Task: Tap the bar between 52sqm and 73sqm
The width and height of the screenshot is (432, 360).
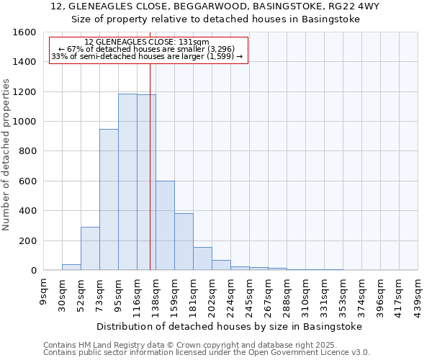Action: pyautogui.click(x=90, y=248)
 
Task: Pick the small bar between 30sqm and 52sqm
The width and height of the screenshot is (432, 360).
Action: pyautogui.click(x=71, y=267)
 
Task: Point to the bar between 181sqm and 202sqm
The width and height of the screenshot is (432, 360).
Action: pyautogui.click(x=202, y=258)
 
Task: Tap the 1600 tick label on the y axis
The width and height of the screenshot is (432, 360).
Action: pyautogui.click(x=24, y=32)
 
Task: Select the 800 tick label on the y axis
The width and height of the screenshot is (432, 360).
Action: pyautogui.click(x=27, y=151)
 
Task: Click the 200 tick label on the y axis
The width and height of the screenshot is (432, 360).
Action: pyautogui.click(x=27, y=240)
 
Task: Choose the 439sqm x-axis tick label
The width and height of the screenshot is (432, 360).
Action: pyautogui.click(x=418, y=292)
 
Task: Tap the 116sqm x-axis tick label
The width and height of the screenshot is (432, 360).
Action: pyautogui.click(x=138, y=292)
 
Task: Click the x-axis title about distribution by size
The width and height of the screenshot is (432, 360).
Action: pyautogui.click(x=230, y=326)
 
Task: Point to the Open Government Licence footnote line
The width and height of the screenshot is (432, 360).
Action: pyautogui.click(x=207, y=353)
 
